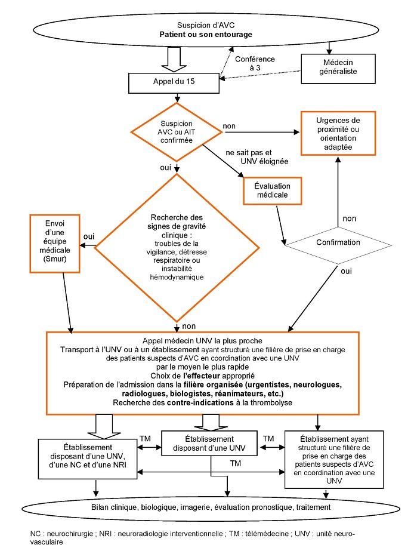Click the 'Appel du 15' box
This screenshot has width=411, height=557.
pyautogui.click(x=174, y=82)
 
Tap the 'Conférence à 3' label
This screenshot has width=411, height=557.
pyautogui.click(x=255, y=64)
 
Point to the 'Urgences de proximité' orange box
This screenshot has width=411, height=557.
pyautogui.click(x=338, y=133)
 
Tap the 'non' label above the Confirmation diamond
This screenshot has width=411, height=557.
pyautogui.click(x=350, y=219)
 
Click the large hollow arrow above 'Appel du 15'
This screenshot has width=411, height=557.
pyautogui.click(x=174, y=58)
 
